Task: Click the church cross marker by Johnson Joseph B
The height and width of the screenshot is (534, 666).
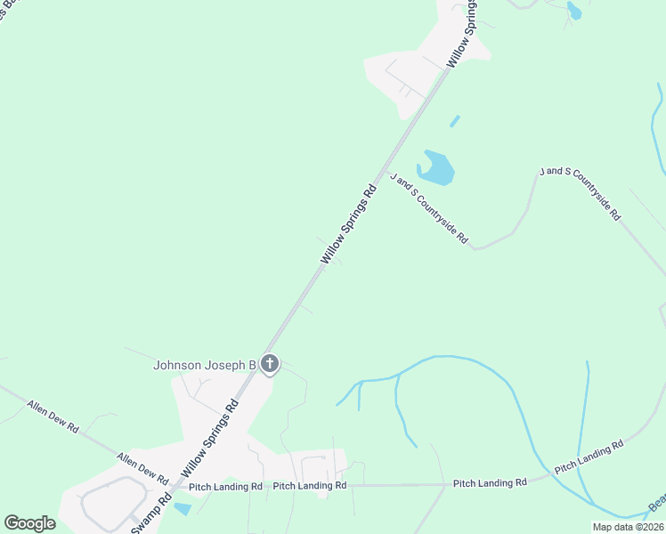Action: pos(270,364)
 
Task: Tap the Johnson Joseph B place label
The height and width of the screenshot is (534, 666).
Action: pos(205,365)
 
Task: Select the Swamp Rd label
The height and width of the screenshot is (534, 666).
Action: pos(151,511)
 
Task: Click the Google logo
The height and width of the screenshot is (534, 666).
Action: pos(29,523)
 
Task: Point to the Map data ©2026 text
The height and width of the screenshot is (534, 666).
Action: pos(628,527)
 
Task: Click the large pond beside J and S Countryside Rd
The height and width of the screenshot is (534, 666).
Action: pos(437,167)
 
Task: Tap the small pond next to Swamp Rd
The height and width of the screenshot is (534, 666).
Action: pos(182,509)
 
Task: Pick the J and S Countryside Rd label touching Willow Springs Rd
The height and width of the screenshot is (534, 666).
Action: pos(428,208)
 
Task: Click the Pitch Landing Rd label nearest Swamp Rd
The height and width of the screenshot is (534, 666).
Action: pos(224,487)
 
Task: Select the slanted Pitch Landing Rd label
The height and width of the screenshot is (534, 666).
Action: pos(589,456)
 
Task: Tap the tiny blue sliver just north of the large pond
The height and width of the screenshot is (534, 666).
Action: pos(455,120)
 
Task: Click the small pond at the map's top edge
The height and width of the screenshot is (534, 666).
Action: pos(574,11)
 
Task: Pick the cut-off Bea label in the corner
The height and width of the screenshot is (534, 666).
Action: pos(656,504)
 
